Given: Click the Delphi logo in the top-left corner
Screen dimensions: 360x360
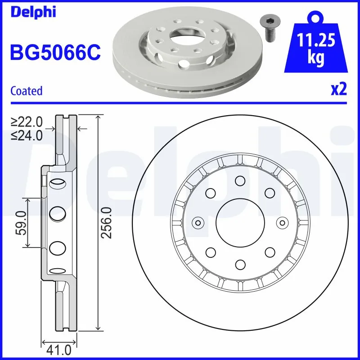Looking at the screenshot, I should click(33, 12).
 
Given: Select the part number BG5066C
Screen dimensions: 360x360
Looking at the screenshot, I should click(55, 53).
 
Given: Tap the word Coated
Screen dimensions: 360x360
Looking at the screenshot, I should click(26, 91).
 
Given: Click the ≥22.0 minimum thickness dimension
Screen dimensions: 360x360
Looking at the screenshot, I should click(27, 121).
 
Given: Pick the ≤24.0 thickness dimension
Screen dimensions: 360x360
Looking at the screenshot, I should click(27, 135).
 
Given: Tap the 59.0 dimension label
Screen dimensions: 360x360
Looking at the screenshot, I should click(20, 222).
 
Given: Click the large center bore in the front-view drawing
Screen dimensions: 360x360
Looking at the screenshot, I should click(239, 222).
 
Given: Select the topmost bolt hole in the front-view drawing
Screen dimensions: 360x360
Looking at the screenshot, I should click(239, 181).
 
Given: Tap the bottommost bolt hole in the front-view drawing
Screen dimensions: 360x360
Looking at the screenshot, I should click(239, 264).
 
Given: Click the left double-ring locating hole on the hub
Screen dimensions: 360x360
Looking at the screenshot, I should click(198, 222).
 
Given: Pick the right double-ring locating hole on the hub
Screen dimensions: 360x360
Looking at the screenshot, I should click(282, 222).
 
